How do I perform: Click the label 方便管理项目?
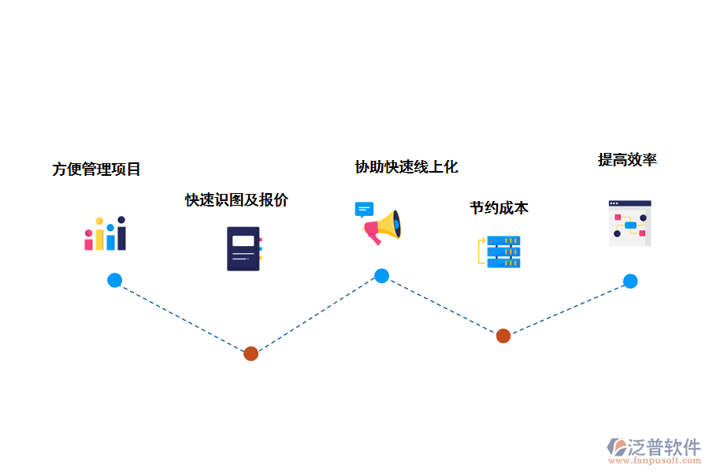97,169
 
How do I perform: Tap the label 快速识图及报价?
236,199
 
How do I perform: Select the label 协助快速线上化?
406,166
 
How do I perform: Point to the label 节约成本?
499,207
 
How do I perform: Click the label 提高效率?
627,159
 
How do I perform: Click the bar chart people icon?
106,233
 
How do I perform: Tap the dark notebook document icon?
243,248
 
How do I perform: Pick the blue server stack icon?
503,251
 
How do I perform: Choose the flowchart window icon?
629,223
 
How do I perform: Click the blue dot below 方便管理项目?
115,280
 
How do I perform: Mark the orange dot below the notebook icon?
251,353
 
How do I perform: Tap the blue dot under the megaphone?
381,276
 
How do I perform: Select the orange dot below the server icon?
503,336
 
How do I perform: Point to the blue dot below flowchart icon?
630,281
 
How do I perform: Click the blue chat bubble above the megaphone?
363,209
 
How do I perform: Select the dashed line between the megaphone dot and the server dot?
443,306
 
